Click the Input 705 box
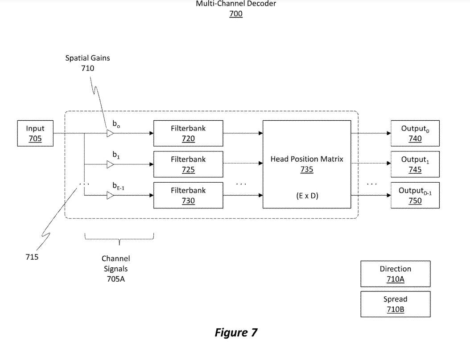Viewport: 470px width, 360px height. [x=35, y=133]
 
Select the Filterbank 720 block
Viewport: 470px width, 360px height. [x=188, y=133]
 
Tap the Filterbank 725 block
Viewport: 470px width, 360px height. [x=188, y=164]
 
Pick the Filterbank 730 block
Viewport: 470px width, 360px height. [x=188, y=195]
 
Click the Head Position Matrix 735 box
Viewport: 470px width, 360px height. [x=307, y=164]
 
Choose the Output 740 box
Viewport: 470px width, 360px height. [x=415, y=133]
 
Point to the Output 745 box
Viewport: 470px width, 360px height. [x=415, y=164]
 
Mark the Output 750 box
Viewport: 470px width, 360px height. [x=415, y=195]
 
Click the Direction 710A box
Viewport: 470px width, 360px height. [x=395, y=274]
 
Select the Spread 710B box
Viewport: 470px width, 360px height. [x=395, y=304]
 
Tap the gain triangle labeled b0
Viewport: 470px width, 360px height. [x=110, y=133]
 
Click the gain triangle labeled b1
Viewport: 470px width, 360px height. [x=110, y=164]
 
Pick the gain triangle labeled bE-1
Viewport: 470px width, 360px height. [x=110, y=195]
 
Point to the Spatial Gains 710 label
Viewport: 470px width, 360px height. [x=88, y=63]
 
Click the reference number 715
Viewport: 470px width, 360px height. [x=32, y=257]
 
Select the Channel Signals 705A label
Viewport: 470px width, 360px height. [x=115, y=269]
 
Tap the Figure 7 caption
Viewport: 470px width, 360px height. [x=236, y=332]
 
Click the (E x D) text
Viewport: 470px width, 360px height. [x=307, y=195]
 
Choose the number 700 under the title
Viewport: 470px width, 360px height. [x=236, y=14]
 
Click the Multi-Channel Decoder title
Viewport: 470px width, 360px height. [x=236, y=4]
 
